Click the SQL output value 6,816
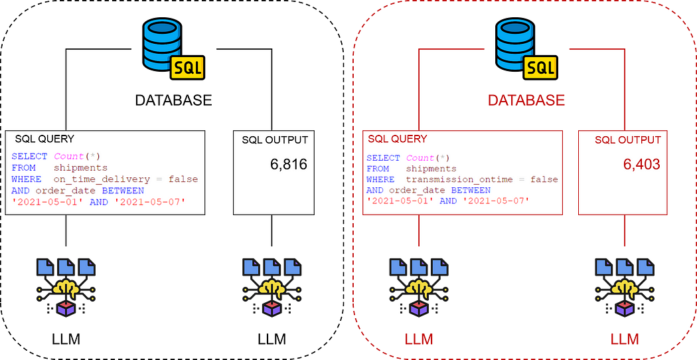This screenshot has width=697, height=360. click(x=289, y=164)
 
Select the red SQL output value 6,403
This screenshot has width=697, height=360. click(x=641, y=164)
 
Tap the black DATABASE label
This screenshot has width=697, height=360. click(x=173, y=100)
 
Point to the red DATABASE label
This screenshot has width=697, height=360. click(x=526, y=100)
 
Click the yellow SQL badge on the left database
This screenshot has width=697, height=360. click(x=188, y=68)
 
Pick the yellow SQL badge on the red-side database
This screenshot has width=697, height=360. click(x=540, y=68)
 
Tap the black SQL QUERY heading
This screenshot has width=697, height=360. click(x=44, y=139)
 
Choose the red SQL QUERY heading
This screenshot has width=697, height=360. click(x=398, y=139)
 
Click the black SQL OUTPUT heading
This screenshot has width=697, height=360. click(x=275, y=140)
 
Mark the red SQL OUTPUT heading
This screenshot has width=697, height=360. click(x=628, y=140)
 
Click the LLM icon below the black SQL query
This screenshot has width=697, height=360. click(x=66, y=287)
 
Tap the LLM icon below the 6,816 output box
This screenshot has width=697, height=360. click(x=272, y=287)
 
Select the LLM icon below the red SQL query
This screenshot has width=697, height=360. click(x=419, y=287)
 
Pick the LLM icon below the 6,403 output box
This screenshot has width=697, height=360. click(x=625, y=287)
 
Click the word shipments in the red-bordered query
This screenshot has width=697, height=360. click(x=431, y=169)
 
